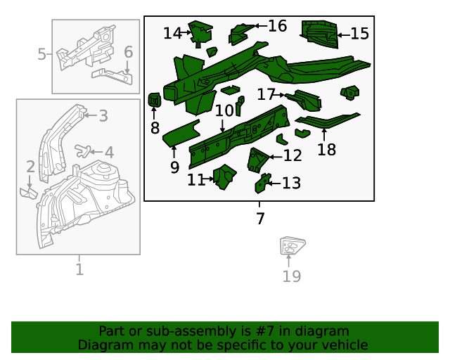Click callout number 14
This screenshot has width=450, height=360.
pos(172,33)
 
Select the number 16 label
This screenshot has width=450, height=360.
pos(277,26)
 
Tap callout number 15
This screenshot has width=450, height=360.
pos(359,34)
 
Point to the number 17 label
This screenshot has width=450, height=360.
pos(266,94)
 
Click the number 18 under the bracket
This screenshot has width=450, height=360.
pos(326,149)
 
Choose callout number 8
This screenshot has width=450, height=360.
pos(155,127)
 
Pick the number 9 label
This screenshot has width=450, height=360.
pos(174,167)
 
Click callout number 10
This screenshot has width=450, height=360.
pos(224,111)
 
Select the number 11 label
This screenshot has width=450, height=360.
pos(196,180)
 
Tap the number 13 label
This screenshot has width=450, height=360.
pos(291,184)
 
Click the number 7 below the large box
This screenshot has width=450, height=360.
pos(260,219)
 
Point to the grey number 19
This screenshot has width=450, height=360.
pos(291,276)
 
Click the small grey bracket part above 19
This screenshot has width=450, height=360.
pos(291,247)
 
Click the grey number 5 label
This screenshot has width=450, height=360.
pos(41,54)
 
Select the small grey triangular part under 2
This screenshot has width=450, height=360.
pos(29,191)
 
